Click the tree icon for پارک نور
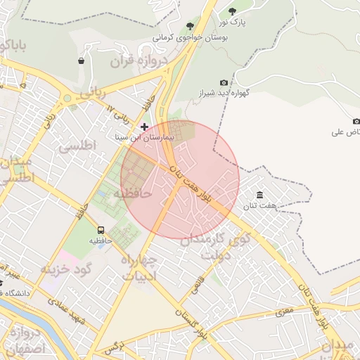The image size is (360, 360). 233,11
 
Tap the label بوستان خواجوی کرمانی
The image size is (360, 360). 188,36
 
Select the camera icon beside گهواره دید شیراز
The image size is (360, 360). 224,83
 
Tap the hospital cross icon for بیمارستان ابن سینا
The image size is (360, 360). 144,127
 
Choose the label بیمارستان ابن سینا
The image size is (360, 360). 143,139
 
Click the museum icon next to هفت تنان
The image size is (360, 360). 260,195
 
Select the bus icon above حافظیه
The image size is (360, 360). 101,229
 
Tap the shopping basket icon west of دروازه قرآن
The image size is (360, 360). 82,60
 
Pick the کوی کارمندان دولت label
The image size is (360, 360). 211,245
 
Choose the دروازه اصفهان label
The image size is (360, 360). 25,340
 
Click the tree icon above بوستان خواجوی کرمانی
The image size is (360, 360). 189,25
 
